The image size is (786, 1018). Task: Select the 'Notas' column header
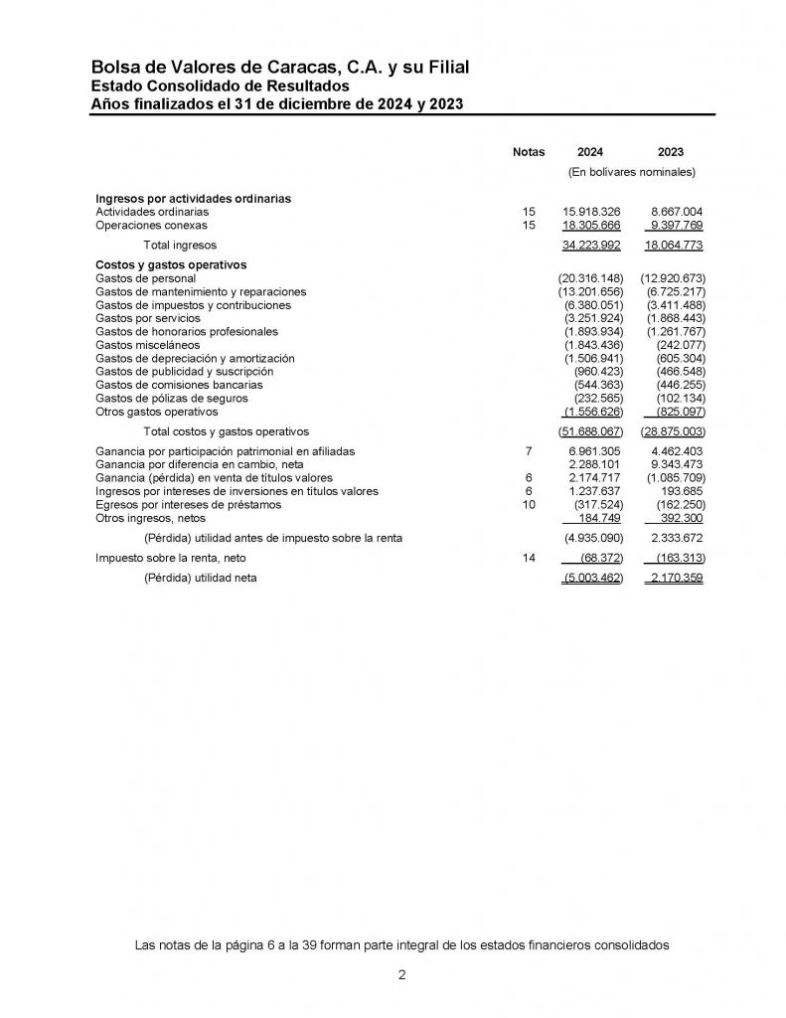[x=529, y=152]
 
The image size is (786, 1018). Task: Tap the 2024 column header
[x=590, y=152]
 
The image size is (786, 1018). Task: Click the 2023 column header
[x=671, y=152]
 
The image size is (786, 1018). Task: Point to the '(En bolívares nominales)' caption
[x=631, y=172]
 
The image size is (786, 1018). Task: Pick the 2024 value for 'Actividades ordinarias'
[x=591, y=212]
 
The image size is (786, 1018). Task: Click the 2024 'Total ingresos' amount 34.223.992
[x=591, y=245]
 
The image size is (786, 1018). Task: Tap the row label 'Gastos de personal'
[x=145, y=279]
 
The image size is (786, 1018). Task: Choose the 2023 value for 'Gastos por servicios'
[x=676, y=318]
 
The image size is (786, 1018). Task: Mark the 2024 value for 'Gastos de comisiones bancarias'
[x=598, y=384]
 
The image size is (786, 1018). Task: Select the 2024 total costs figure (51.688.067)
[x=590, y=431]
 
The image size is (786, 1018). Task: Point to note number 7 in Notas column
[x=529, y=451]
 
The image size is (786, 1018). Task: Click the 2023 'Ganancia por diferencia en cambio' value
[x=676, y=464]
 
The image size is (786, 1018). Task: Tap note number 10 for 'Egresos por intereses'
[x=529, y=504]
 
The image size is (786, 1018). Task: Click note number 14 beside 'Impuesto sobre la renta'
[x=529, y=559]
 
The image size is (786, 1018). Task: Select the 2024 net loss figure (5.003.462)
[x=592, y=579]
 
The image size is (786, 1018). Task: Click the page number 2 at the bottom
[x=401, y=975]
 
